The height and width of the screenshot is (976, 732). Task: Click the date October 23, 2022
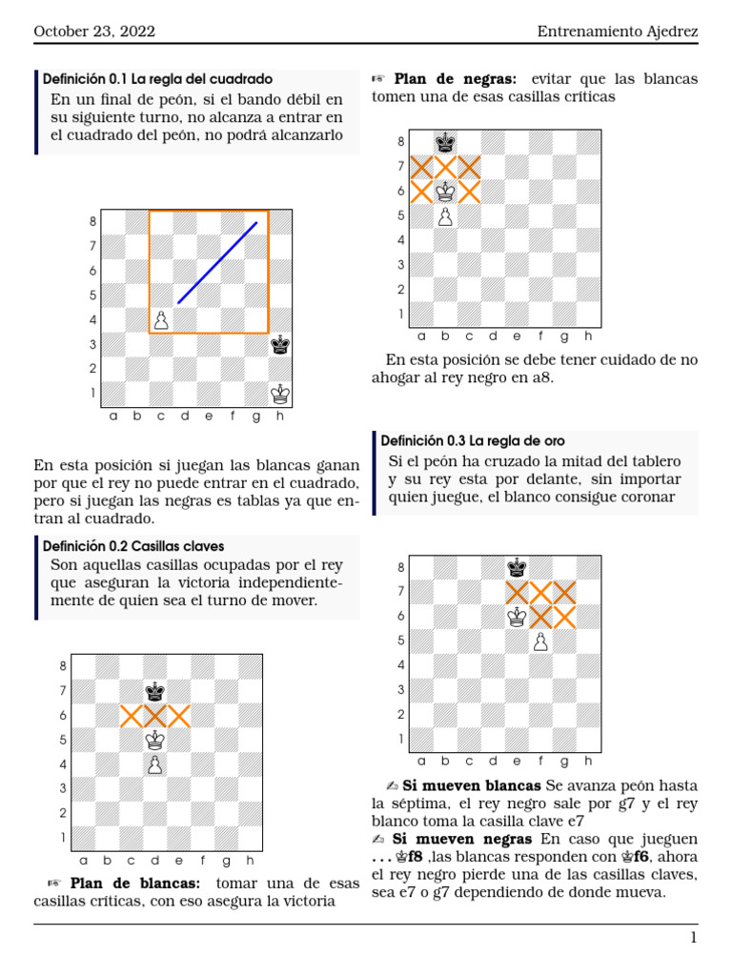94,31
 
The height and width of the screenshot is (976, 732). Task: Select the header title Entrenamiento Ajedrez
617,31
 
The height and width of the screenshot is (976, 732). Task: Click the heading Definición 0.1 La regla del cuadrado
158,78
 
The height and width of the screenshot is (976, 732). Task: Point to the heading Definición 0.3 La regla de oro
473,440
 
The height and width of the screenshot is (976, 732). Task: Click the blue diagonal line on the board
217,263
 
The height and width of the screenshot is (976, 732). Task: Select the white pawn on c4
161,320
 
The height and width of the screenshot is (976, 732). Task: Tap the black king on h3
280,344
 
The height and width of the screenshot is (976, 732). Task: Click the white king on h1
280,393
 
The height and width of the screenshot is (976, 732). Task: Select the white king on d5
154,740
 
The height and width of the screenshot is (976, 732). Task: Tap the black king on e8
517,568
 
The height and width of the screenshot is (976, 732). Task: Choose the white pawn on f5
541,642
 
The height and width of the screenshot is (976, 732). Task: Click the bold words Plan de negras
455,79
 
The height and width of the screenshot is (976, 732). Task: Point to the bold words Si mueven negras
467,839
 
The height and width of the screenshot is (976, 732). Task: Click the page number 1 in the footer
694,938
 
